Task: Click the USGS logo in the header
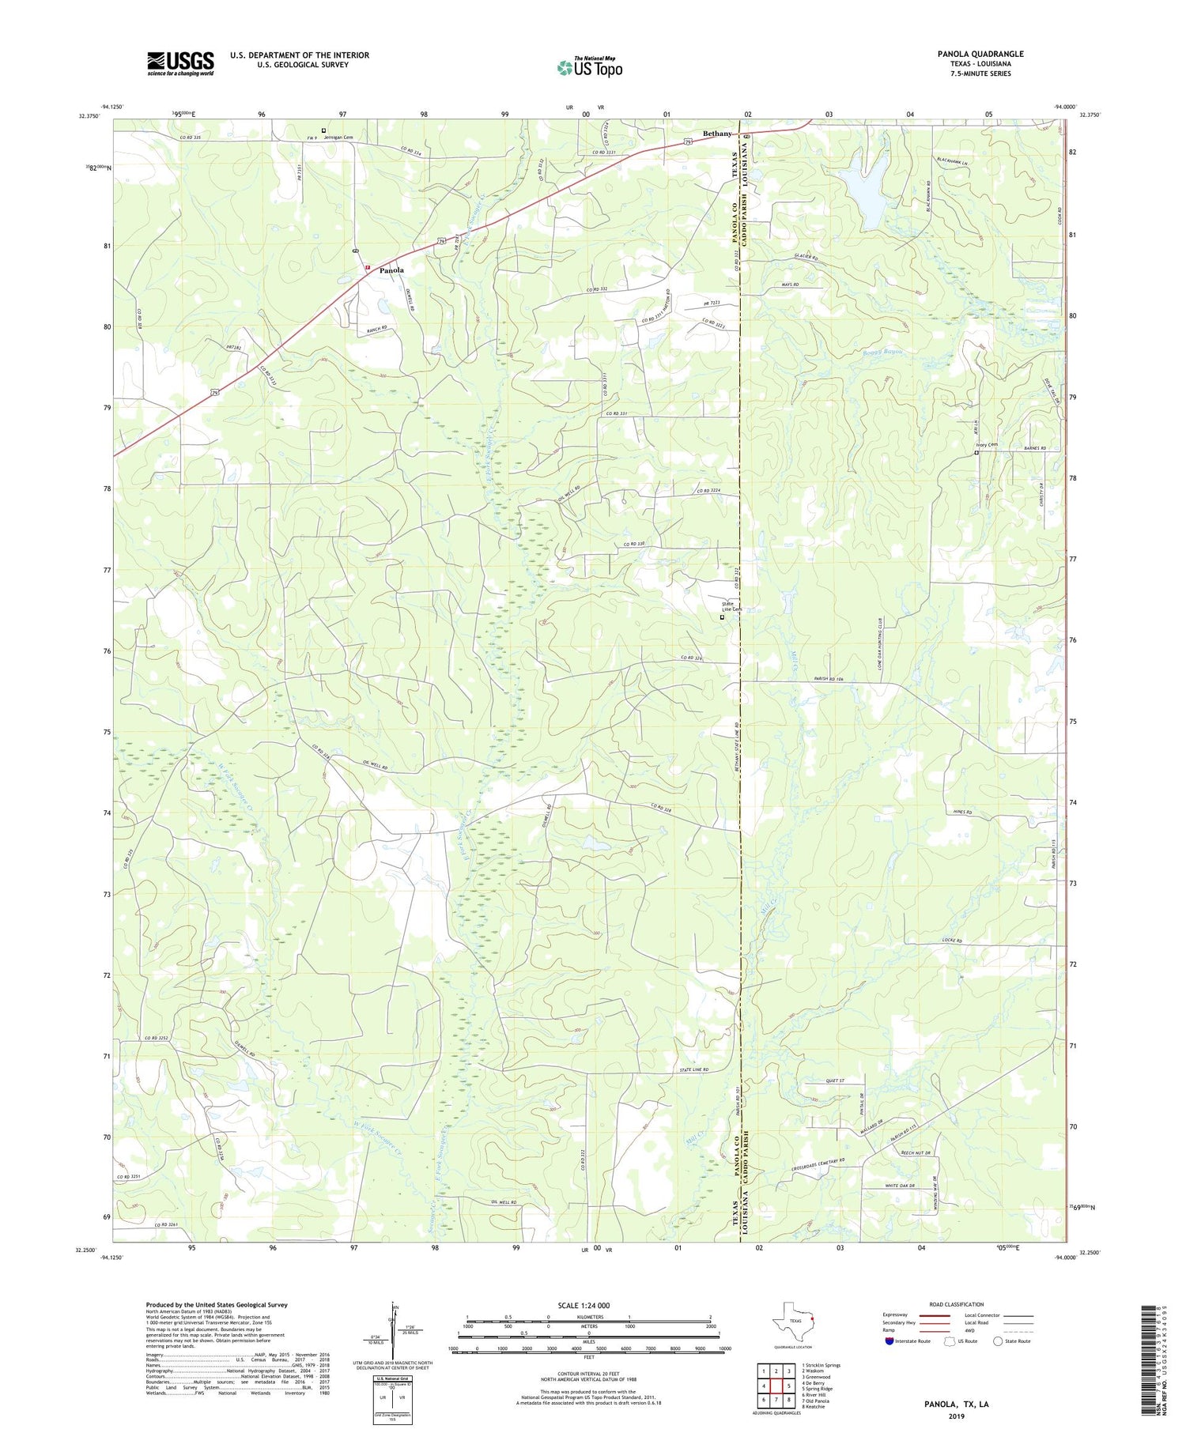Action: (x=180, y=63)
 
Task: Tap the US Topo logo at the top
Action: (x=589, y=68)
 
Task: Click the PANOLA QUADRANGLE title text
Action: (x=980, y=54)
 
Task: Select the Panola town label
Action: (x=391, y=270)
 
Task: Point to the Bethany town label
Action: (x=718, y=134)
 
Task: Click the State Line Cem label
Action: (x=731, y=606)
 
